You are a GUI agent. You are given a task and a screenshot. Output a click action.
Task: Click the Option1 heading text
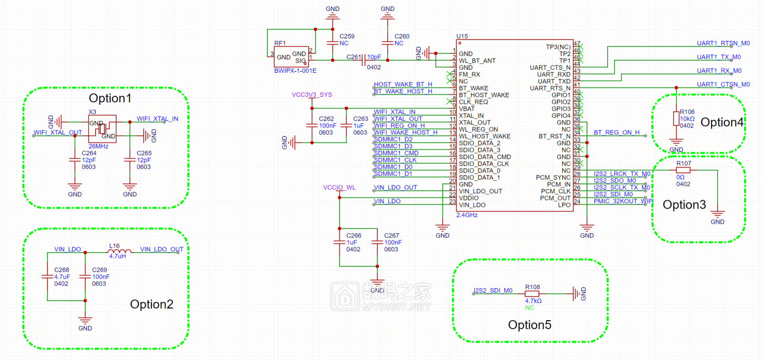pyautogui.click(x=110, y=98)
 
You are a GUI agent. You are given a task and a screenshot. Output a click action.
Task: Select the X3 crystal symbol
pyautogui.click(x=102, y=129)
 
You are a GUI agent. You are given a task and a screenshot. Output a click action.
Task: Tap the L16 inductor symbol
pyautogui.click(x=119, y=252)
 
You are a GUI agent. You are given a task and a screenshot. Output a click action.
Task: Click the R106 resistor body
pyautogui.click(x=676, y=118)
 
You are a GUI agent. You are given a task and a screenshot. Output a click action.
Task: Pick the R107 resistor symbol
pyautogui.click(x=683, y=170)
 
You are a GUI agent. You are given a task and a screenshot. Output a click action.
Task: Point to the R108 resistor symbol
pyautogui.click(x=532, y=293)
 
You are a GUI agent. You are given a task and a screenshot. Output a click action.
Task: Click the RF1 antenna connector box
pyautogui.click(x=291, y=57)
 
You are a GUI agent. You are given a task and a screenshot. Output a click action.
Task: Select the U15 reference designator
pyautogui.click(x=462, y=36)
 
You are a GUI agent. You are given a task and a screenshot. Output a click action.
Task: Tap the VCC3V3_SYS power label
pyautogui.click(x=312, y=95)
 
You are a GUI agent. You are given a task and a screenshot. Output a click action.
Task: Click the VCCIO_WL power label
pyautogui.click(x=339, y=187)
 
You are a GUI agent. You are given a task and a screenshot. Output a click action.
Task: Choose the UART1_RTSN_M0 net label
pyautogui.click(x=723, y=43)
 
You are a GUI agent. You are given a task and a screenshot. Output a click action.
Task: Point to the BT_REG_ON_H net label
pyautogui.click(x=616, y=133)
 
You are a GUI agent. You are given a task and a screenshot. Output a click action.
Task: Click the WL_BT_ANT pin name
pyautogui.click(x=477, y=61)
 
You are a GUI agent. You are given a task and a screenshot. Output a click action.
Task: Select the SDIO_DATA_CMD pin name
pyautogui.click(x=485, y=157)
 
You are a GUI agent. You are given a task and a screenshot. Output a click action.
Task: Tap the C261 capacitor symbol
pyautogui.click(x=364, y=60)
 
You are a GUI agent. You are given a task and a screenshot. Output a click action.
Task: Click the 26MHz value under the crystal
pyautogui.click(x=99, y=146)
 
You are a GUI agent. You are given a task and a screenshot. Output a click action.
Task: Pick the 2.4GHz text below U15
pyautogui.click(x=467, y=215)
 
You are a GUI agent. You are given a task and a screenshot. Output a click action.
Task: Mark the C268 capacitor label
pyautogui.click(x=62, y=270)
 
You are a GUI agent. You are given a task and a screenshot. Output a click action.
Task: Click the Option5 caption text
pyautogui.click(x=529, y=324)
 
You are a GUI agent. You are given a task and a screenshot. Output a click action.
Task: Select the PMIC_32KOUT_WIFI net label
pyautogui.click(x=623, y=201)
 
